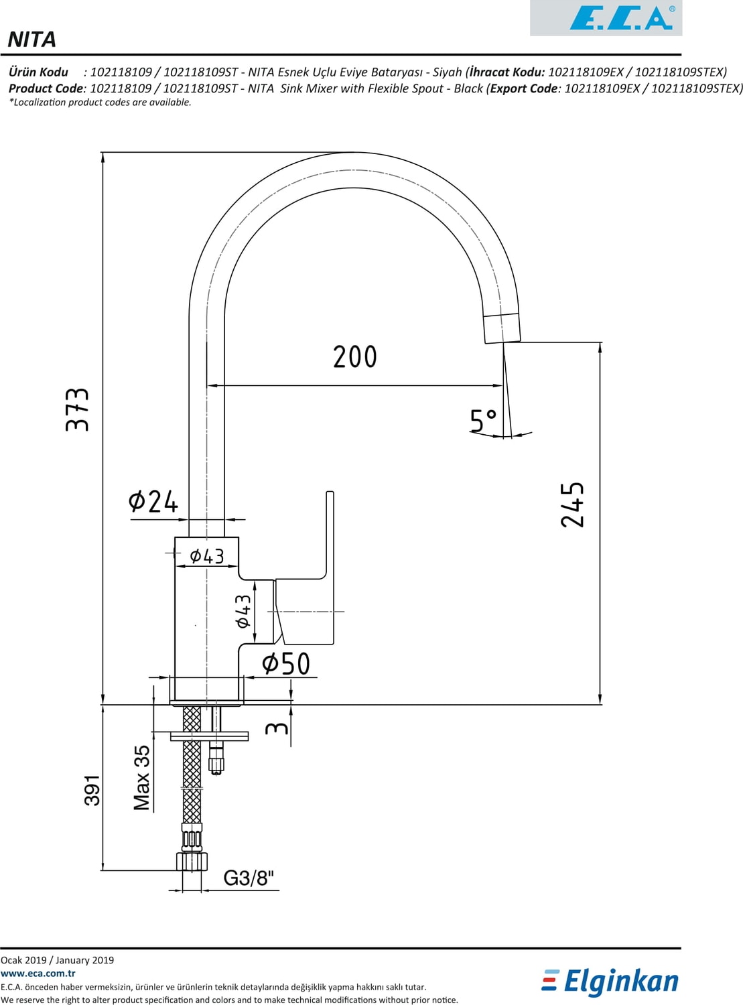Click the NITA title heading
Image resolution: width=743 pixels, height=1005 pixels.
pyautogui.click(x=32, y=40)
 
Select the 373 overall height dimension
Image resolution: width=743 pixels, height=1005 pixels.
pyautogui.click(x=78, y=409)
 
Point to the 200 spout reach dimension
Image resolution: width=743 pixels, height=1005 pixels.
pyautogui.click(x=355, y=357)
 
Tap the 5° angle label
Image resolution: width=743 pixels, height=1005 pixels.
pyautogui.click(x=482, y=421)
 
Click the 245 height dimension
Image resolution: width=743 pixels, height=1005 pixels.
pyautogui.click(x=573, y=505)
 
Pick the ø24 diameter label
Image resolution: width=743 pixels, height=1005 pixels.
pyautogui.click(x=153, y=501)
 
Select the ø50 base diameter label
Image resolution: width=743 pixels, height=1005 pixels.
pyautogui.click(x=286, y=664)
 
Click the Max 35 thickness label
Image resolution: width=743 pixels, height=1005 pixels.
pyautogui.click(x=142, y=778)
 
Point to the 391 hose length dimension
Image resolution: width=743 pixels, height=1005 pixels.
pyautogui.click(x=92, y=790)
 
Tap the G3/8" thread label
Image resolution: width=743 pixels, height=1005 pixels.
pyautogui.click(x=249, y=878)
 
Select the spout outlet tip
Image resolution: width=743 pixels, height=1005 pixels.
pyautogui.click(x=502, y=328)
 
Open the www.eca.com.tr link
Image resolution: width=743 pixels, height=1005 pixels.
pyautogui.click(x=38, y=974)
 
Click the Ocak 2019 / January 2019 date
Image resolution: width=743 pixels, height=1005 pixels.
pyautogui.click(x=58, y=960)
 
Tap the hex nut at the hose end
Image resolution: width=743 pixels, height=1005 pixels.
pyautogui.click(x=192, y=861)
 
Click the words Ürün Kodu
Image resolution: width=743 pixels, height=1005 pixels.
pyautogui.click(x=39, y=72)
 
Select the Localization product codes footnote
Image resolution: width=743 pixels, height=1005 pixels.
pyautogui.click(x=100, y=103)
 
